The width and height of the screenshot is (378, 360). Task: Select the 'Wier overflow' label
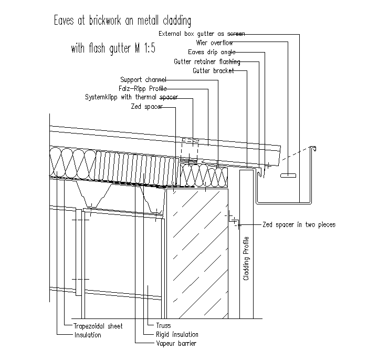point(214,43)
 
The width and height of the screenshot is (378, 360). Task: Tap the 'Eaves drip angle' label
point(212,52)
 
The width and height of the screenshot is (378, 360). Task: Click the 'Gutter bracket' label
point(213,70)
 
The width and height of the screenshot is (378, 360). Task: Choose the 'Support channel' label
point(143,80)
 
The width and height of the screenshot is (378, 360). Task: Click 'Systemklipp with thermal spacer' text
point(131,97)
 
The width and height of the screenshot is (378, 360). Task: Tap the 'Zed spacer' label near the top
point(146,106)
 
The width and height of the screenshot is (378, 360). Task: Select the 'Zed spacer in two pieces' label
point(298,224)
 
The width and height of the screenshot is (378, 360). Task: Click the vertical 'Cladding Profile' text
point(246,259)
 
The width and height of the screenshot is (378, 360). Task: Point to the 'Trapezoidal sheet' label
point(98,326)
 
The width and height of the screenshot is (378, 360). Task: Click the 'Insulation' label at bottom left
point(88,335)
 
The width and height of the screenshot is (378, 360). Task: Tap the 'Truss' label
point(163,326)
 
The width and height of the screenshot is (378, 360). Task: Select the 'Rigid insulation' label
point(177,335)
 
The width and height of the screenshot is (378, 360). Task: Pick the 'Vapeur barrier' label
point(176,344)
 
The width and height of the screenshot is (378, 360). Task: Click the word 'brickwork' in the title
point(98,22)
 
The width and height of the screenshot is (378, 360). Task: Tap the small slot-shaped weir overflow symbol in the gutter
point(288,174)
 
